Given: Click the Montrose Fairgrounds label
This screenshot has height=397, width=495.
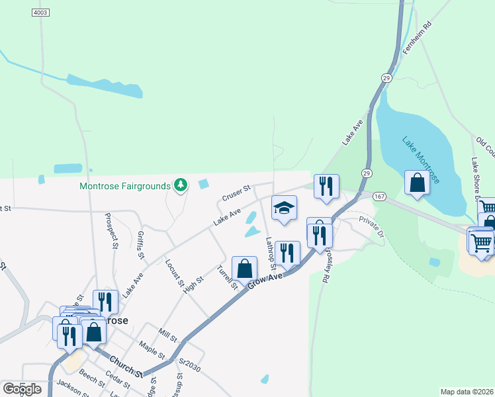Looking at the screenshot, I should pyautogui.click(x=125, y=187).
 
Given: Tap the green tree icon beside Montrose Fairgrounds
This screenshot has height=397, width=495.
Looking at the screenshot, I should pyautogui.click(x=179, y=185).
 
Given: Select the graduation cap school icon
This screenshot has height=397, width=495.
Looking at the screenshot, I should pyautogui.click(x=284, y=208).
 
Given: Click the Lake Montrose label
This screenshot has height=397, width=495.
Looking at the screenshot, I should pyautogui.click(x=420, y=160).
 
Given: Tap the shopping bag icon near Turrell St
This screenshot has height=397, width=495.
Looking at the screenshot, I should pyautogui.click(x=244, y=269).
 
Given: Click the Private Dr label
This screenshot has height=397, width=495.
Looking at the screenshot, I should pyautogui.click(x=371, y=226).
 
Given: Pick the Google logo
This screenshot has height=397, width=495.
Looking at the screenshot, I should pyautogui.click(x=22, y=388).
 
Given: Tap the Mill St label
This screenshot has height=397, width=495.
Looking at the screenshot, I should pyautogui.click(x=167, y=334).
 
